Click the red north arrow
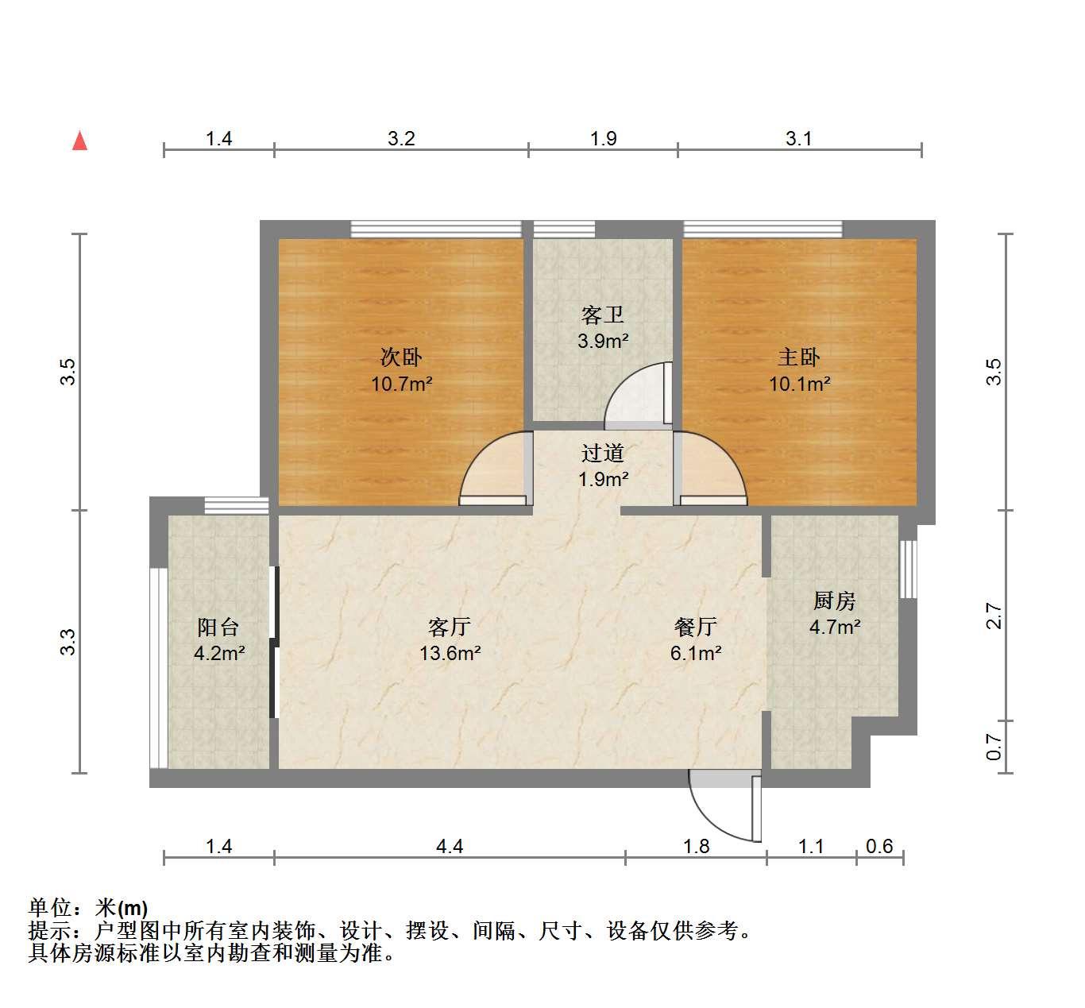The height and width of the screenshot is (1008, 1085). [x=79, y=141]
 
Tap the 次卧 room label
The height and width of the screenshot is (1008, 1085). [x=401, y=357]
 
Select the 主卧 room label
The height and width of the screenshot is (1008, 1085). [x=799, y=357]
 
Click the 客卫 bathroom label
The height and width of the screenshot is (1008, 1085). [x=603, y=315]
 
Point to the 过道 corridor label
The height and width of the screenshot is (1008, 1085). [x=603, y=453]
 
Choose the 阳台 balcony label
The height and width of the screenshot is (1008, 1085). [x=218, y=628]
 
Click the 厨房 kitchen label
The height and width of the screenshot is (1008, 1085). [x=834, y=601]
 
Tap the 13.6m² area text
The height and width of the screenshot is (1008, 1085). [x=450, y=654]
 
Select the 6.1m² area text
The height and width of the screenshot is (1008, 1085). [x=696, y=654]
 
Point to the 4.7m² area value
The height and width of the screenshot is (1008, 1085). [x=834, y=627]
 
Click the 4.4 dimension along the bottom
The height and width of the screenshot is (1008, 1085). [x=450, y=846]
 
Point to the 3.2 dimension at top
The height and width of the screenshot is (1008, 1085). [x=401, y=139]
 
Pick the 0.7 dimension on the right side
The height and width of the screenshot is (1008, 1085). [x=994, y=747]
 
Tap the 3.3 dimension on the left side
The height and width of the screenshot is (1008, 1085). [x=68, y=642]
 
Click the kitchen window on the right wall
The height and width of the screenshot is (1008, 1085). [x=908, y=569]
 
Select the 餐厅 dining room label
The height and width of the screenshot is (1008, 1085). [x=696, y=628]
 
